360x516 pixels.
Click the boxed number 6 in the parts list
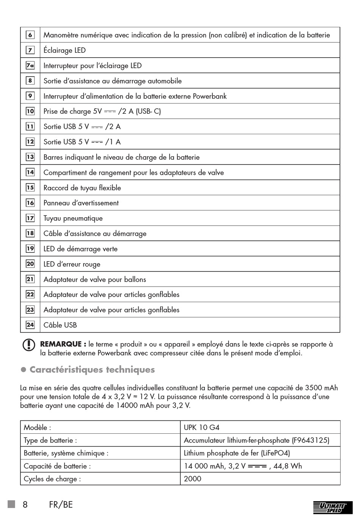coord(30,35)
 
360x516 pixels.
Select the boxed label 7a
coord(30,66)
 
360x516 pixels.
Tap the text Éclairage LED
coord(64,50)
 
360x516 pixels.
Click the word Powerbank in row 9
coord(210,96)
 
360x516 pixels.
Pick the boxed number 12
coord(30,142)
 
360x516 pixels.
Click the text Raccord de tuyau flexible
coord(82,188)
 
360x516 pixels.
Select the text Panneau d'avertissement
coord(81,203)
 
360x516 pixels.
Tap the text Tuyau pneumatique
coord(73,218)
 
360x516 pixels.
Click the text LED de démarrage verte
coord(80,249)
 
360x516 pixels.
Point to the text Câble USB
coord(60,325)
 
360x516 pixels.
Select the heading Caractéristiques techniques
coord(92,370)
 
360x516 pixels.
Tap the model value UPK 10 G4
coord(202,427)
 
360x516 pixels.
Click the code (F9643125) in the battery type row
coord(310,440)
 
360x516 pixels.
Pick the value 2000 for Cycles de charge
coord(193,479)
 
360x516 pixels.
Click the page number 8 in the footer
coord(25,505)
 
